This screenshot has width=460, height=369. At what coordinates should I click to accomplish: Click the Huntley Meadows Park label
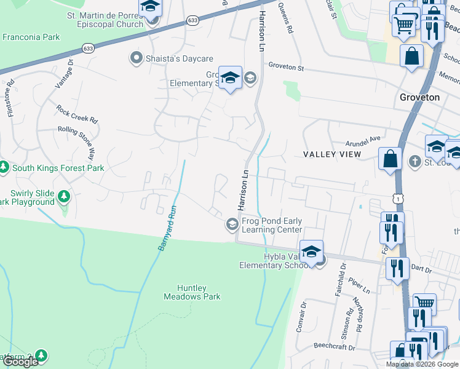(192, 292)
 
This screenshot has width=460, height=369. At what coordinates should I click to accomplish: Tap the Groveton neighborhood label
(419, 97)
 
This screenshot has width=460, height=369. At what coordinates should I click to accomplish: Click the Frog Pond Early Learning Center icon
(232, 224)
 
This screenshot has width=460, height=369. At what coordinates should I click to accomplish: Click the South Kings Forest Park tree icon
(3, 167)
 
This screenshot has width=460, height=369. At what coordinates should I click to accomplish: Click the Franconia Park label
(31, 37)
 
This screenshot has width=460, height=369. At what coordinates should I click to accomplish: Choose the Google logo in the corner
(20, 361)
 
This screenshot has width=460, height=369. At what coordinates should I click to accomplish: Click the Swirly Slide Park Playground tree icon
(64, 197)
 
